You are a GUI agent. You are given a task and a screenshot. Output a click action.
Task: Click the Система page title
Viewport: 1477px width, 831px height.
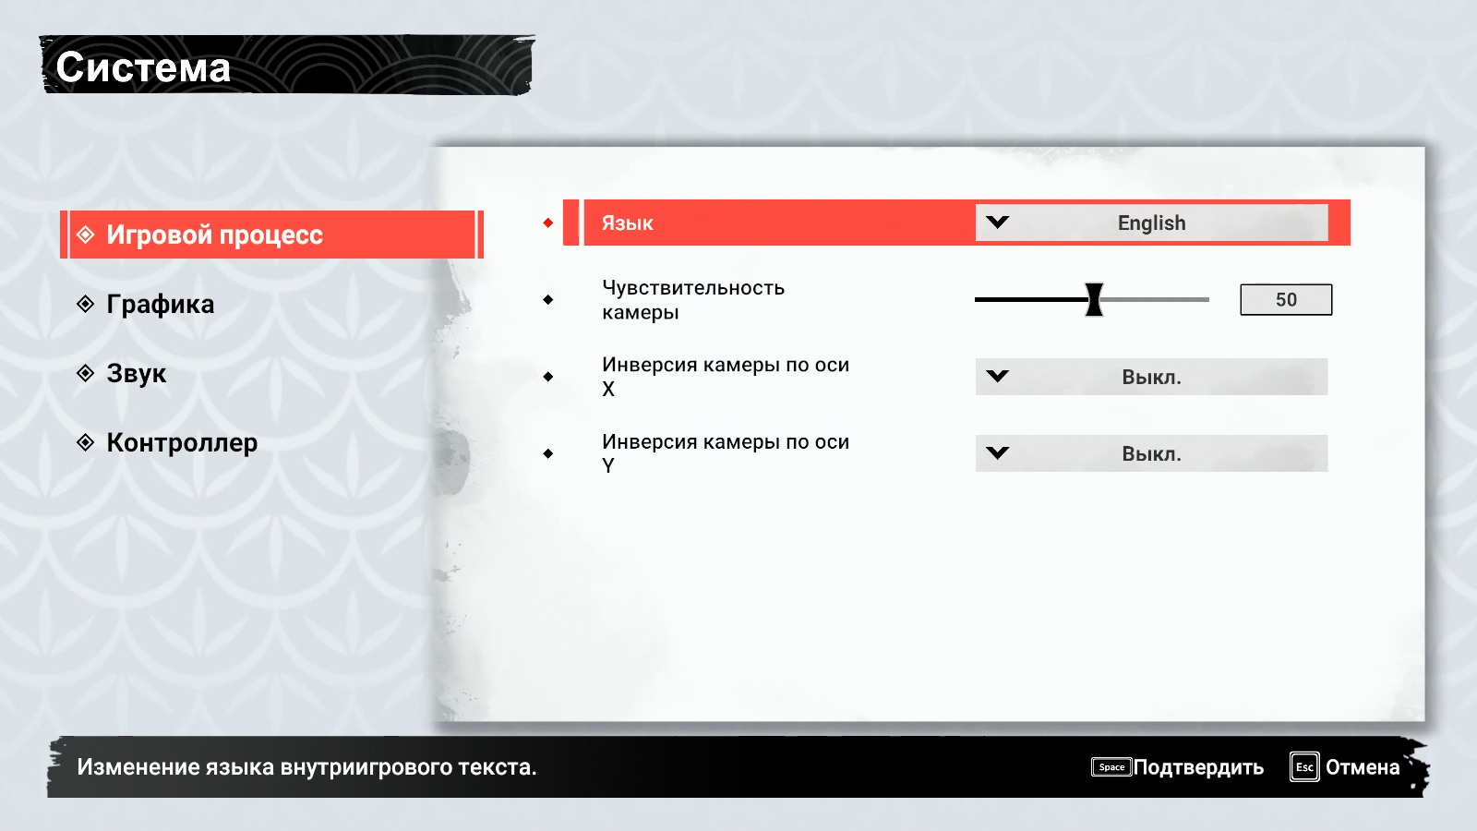[143, 67]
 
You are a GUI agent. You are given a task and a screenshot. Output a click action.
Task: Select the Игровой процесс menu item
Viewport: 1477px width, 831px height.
[214, 235]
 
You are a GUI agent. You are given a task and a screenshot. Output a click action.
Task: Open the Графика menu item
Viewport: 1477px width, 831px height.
[160, 304]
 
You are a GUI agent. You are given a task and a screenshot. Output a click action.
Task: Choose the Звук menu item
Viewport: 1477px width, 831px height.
[136, 373]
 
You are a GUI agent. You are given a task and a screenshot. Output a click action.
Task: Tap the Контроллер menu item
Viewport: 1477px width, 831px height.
[182, 442]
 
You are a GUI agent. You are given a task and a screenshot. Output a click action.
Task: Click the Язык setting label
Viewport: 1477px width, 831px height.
[628, 223]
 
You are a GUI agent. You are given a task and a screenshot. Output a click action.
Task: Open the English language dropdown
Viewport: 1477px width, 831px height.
[1151, 223]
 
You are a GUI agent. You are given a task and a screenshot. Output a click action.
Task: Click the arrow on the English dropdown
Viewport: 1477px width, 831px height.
[998, 223]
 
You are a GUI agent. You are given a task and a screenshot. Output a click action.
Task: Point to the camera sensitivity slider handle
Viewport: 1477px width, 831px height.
[1094, 299]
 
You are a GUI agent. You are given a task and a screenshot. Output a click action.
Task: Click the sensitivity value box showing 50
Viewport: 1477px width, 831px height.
[1286, 299]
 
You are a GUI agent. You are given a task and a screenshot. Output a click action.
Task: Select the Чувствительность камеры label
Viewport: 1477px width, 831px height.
[693, 299]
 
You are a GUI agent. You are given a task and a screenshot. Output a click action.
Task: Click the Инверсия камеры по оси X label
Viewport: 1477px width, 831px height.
[726, 376]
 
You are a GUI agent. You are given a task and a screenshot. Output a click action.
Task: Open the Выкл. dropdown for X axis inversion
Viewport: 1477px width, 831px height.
[1151, 377]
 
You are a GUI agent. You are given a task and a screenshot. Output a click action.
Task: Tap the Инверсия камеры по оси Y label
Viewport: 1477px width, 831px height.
[726, 452]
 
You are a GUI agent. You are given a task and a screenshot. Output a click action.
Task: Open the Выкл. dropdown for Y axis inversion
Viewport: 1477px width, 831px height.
[1151, 453]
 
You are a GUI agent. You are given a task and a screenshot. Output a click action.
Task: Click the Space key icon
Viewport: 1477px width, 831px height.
[1111, 767]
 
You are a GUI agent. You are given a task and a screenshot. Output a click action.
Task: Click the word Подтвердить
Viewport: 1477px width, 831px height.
[1198, 767]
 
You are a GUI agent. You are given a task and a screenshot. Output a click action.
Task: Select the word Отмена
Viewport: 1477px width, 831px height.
[1363, 767]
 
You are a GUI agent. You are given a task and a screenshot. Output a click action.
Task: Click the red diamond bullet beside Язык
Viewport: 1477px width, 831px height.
[548, 223]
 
